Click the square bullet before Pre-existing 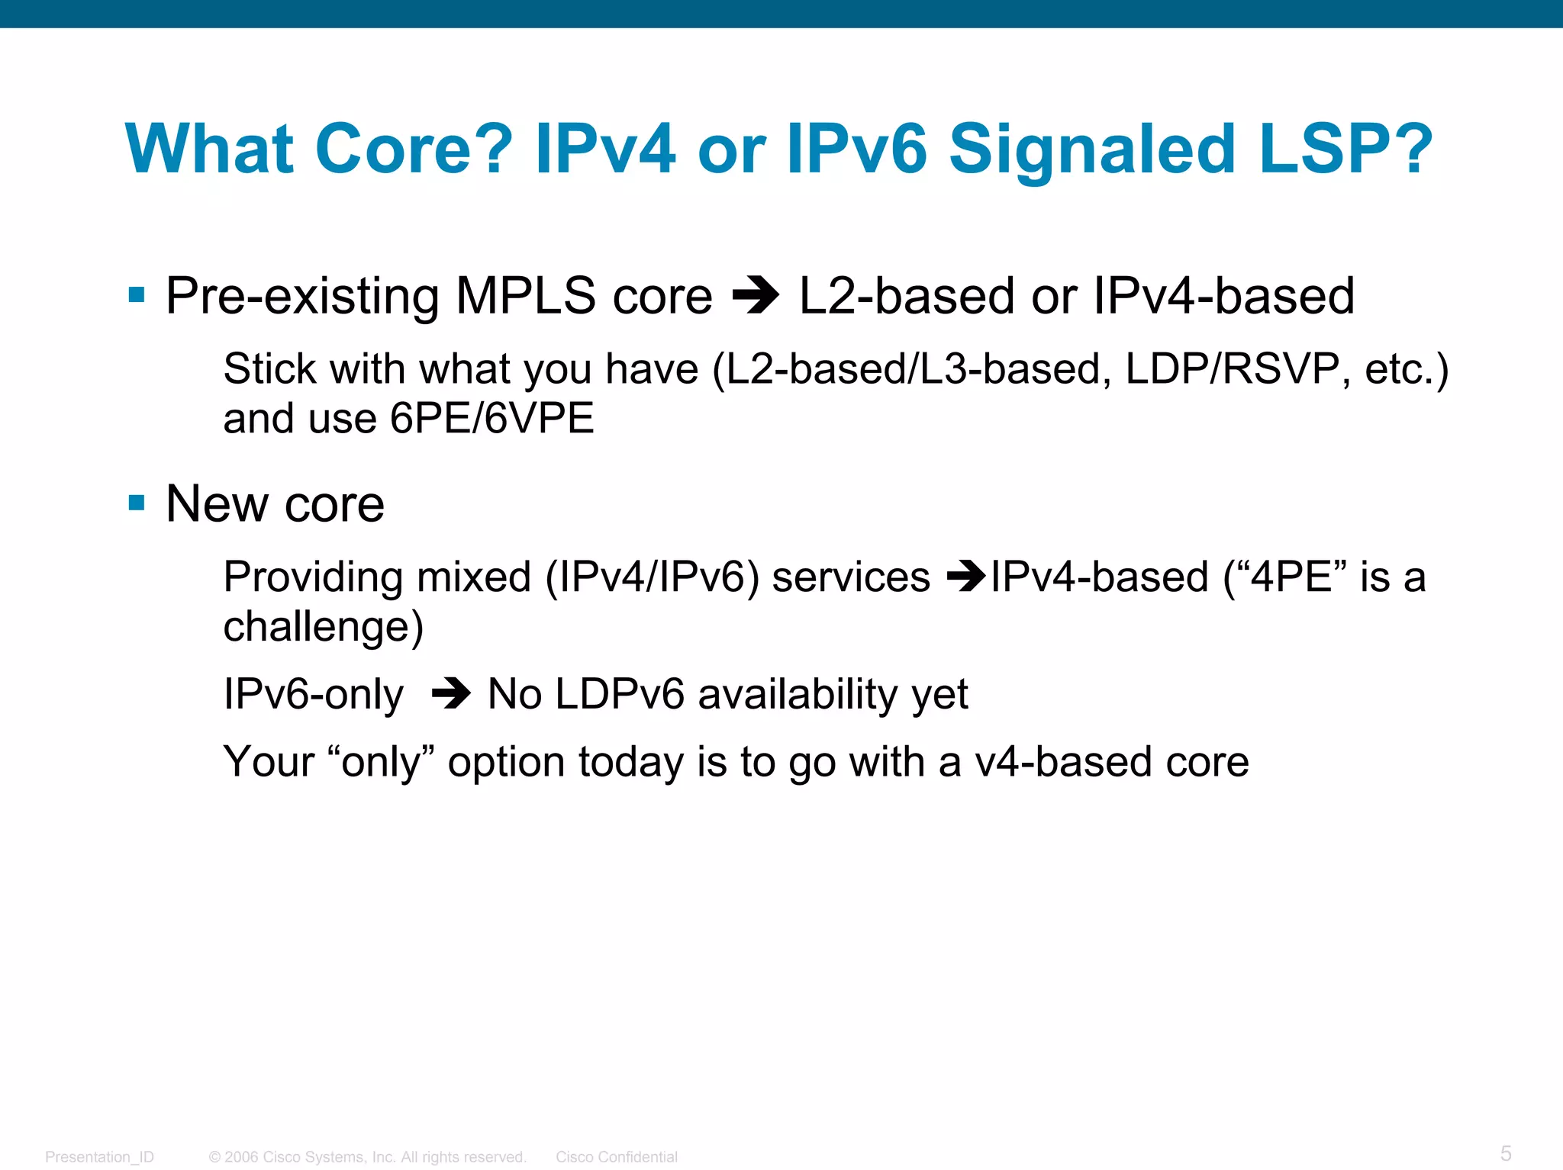click(x=137, y=295)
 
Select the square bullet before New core click(x=137, y=503)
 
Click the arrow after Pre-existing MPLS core click(x=755, y=297)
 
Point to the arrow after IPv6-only click(x=451, y=694)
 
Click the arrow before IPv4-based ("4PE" click(x=967, y=577)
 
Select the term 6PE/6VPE click(x=491, y=419)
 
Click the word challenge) click(x=323, y=627)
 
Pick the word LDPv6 click(x=619, y=694)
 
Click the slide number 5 click(x=1505, y=1152)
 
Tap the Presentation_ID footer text click(x=99, y=1157)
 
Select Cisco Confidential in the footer click(x=616, y=1157)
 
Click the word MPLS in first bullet click(x=525, y=297)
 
